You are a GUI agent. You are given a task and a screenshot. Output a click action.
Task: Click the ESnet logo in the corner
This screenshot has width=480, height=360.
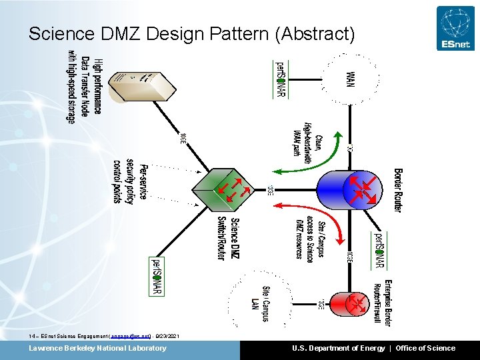coord(455,28)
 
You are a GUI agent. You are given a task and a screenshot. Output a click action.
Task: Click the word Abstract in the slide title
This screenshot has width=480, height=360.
coord(315,33)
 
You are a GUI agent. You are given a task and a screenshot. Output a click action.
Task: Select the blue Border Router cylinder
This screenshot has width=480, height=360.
coord(359,189)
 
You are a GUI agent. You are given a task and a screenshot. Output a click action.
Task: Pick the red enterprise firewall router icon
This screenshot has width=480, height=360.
coord(359,303)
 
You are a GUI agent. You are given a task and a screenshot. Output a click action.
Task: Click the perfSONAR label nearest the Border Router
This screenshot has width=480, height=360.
coord(379,250)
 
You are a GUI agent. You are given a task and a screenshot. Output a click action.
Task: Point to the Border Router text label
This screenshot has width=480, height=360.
coord(398,190)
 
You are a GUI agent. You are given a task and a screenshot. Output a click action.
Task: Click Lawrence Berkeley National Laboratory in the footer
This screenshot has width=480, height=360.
coord(97,348)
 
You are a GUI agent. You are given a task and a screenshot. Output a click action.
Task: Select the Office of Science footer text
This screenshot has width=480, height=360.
coord(425,348)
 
